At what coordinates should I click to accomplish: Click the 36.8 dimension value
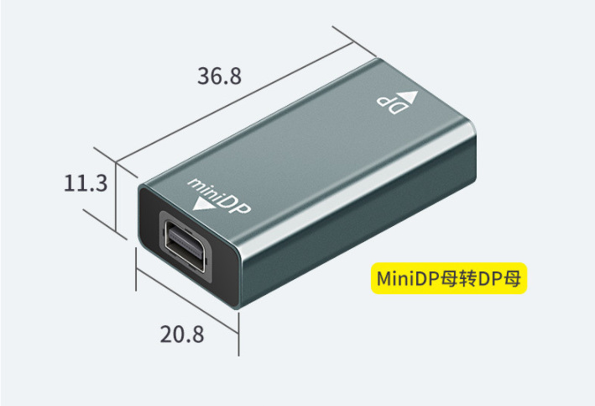pos(220,76)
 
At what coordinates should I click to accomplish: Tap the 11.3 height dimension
pos(86,182)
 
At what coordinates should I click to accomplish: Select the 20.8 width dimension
pos(182,334)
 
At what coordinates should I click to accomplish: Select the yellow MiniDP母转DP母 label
pos(448,277)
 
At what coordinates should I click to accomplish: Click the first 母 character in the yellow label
pos(442,277)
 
